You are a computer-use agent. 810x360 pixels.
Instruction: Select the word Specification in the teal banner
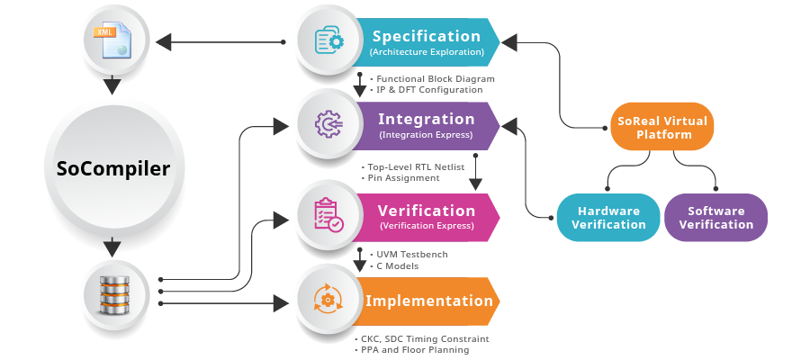[427, 36]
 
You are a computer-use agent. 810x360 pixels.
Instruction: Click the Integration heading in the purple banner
[427, 119]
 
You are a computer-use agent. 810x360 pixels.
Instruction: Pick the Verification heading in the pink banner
[427, 210]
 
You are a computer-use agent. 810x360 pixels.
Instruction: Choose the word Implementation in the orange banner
[429, 301]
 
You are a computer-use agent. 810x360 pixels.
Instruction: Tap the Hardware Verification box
[609, 218]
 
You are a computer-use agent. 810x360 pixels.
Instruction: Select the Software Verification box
[716, 218]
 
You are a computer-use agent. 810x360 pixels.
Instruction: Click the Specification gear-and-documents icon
[328, 40]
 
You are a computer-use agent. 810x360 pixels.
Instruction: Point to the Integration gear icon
[328, 125]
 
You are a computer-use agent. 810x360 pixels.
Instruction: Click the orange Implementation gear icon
[328, 300]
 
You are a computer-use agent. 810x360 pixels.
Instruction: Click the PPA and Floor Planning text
[417, 349]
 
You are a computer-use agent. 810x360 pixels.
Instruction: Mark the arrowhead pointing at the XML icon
[162, 41]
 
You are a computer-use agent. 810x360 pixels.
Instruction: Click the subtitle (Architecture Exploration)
[427, 52]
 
